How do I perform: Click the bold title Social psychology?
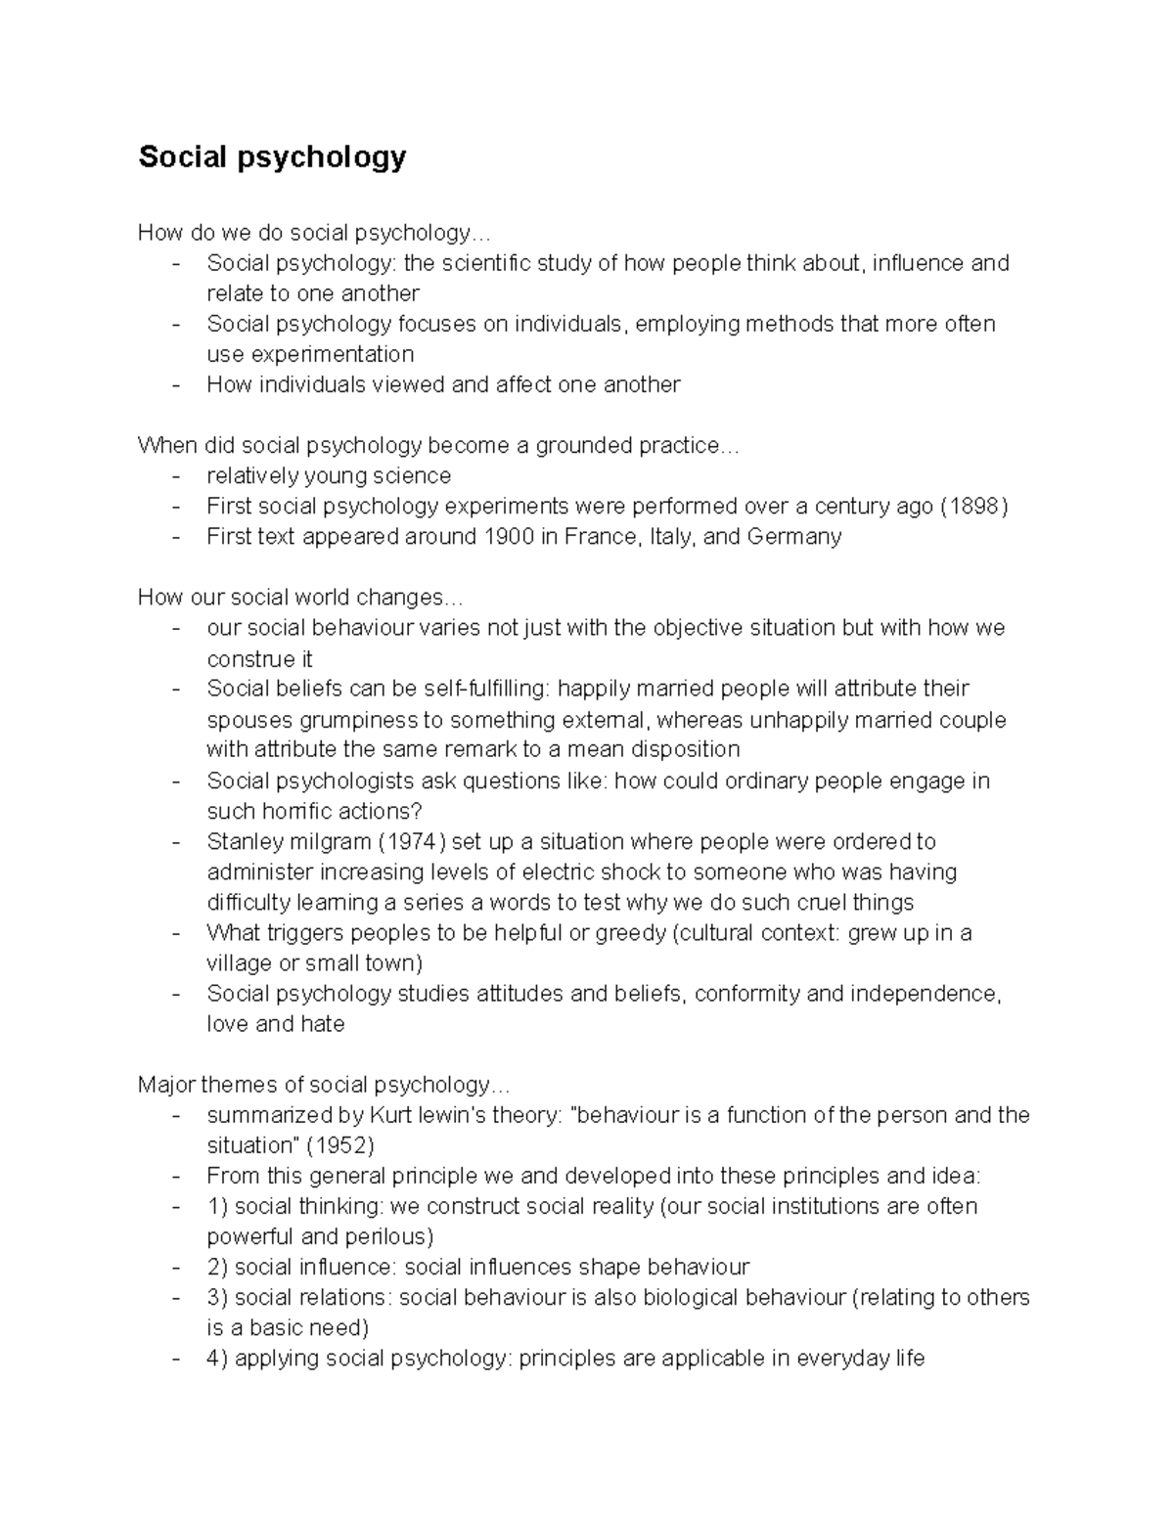click(x=272, y=156)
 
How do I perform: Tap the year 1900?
click(x=509, y=536)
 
